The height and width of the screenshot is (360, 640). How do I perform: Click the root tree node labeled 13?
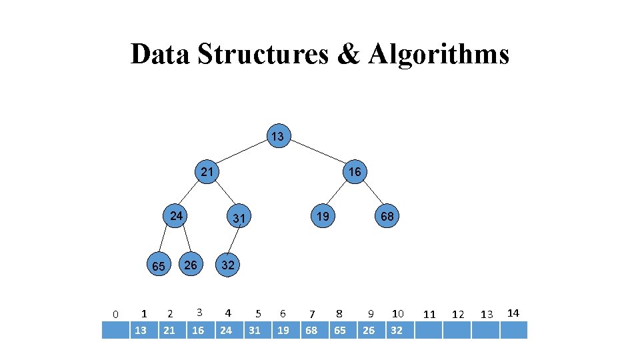click(277, 137)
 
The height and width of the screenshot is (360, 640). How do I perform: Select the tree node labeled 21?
click(207, 171)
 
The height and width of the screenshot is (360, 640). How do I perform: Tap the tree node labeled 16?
click(355, 172)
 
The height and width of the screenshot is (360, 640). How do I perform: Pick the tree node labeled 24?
click(176, 216)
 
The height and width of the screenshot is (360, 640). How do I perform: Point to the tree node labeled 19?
click(323, 216)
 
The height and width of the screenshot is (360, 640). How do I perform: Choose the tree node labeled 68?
click(387, 216)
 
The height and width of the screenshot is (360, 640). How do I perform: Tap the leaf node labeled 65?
click(158, 266)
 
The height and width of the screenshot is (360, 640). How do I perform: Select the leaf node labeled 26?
click(191, 265)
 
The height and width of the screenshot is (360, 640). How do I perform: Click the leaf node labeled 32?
click(228, 265)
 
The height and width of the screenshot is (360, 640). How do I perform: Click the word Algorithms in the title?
click(438, 54)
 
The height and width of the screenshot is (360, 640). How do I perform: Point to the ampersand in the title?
click(348, 54)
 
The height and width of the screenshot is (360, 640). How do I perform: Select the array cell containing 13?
click(141, 330)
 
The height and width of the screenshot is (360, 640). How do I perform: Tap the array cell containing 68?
click(311, 330)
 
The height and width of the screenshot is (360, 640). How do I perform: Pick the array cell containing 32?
click(397, 330)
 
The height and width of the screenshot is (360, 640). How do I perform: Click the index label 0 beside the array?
click(115, 314)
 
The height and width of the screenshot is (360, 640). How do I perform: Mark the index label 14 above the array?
click(513, 313)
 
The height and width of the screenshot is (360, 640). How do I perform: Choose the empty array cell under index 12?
click(457, 330)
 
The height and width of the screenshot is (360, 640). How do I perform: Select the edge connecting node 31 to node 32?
click(233, 241)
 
